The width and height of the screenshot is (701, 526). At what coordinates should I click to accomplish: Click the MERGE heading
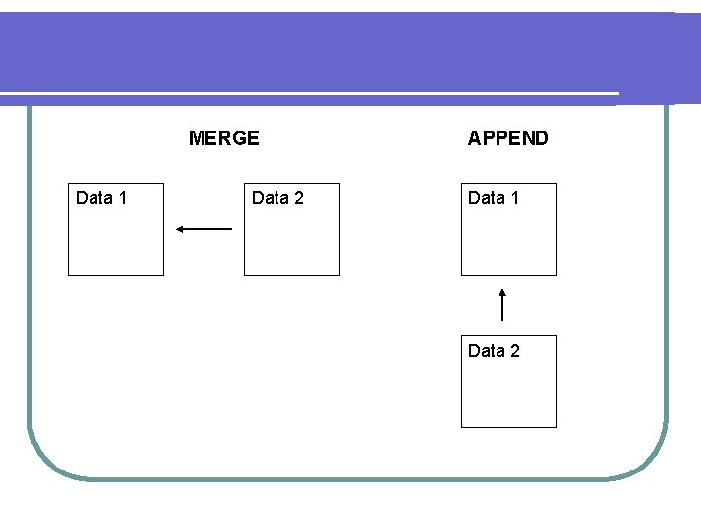click(224, 138)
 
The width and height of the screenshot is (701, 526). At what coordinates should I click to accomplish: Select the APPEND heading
click(508, 138)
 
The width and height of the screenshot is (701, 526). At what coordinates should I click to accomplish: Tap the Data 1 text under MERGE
click(101, 198)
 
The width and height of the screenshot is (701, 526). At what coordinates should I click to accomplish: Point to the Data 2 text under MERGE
click(277, 198)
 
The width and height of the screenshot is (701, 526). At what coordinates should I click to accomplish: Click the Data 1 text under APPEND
click(494, 198)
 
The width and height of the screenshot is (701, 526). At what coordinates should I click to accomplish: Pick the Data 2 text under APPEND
click(494, 350)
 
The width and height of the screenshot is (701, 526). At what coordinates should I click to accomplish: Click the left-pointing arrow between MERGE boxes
click(204, 229)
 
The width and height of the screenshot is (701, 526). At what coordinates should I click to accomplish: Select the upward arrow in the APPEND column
click(502, 305)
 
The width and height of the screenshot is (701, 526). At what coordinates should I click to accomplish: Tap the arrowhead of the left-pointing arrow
click(180, 229)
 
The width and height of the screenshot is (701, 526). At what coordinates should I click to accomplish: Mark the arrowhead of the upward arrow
click(502, 291)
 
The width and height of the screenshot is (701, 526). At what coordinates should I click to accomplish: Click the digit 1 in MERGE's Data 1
click(122, 198)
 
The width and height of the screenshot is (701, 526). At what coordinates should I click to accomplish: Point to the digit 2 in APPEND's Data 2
click(514, 350)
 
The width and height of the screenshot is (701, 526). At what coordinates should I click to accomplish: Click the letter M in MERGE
click(197, 138)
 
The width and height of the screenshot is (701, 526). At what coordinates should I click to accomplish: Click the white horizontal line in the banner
click(312, 94)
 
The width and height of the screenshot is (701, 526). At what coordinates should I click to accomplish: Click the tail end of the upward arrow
click(502, 319)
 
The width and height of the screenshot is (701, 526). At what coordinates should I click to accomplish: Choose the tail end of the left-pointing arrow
click(230, 229)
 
